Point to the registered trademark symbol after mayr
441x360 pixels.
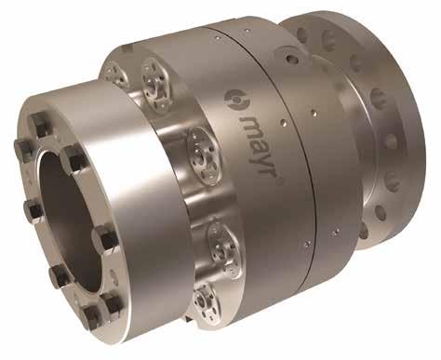278,182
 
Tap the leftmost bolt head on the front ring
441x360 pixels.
22,147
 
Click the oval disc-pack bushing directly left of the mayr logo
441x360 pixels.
204,155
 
